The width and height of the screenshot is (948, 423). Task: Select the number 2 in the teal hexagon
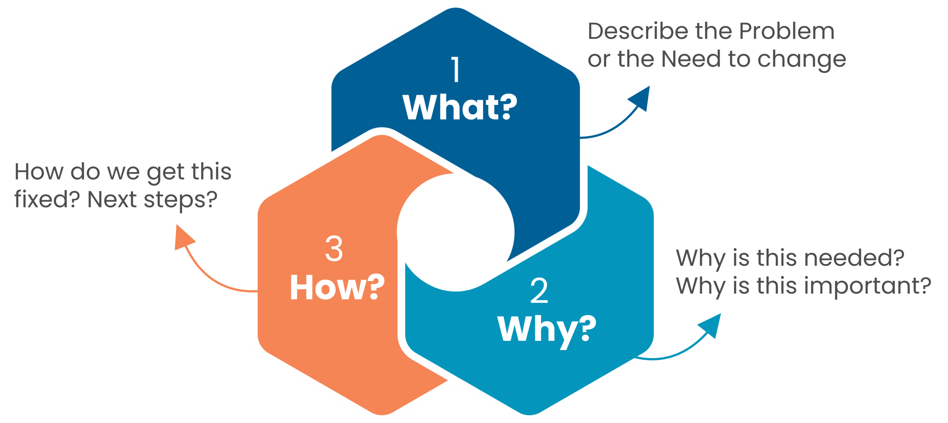click(539, 291)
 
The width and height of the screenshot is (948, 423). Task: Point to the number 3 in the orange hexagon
click(334, 249)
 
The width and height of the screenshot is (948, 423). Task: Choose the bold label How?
click(337, 288)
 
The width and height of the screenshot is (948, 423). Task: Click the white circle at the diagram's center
click(456, 232)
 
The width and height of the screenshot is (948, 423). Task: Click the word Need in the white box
click(691, 59)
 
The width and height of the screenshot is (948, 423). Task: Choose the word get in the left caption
click(165, 172)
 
